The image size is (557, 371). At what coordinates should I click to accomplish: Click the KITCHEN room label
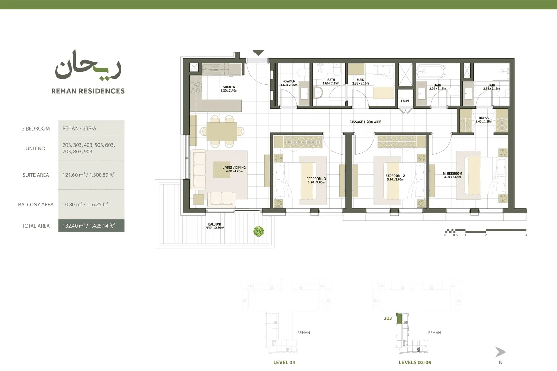click(x=229, y=87)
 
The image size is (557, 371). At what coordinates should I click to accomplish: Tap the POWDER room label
click(x=289, y=81)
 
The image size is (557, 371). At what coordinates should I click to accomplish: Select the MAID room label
click(x=360, y=80)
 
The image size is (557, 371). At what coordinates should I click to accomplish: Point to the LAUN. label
click(x=405, y=101)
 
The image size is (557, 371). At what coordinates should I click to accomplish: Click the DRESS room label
click(x=484, y=118)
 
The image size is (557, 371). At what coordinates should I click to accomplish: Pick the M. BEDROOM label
click(x=452, y=174)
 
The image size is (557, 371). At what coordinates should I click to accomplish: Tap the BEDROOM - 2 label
click(x=395, y=176)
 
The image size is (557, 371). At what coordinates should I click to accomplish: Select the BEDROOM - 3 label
click(x=316, y=179)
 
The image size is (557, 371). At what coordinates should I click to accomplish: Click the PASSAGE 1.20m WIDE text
click(x=365, y=122)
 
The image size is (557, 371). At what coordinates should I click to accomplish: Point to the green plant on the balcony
click(x=259, y=231)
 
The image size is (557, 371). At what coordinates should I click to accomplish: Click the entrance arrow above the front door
click(x=258, y=53)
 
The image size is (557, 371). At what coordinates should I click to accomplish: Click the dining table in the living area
click(x=222, y=131)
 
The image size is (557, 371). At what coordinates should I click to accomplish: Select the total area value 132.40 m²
click(x=74, y=226)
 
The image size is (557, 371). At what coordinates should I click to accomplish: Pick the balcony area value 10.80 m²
click(x=72, y=204)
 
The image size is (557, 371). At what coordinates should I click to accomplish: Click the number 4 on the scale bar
click(x=526, y=235)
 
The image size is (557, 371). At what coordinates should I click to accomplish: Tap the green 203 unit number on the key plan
click(x=388, y=318)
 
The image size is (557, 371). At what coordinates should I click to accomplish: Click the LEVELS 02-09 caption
click(x=415, y=362)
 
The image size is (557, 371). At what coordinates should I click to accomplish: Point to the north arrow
click(x=500, y=352)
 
